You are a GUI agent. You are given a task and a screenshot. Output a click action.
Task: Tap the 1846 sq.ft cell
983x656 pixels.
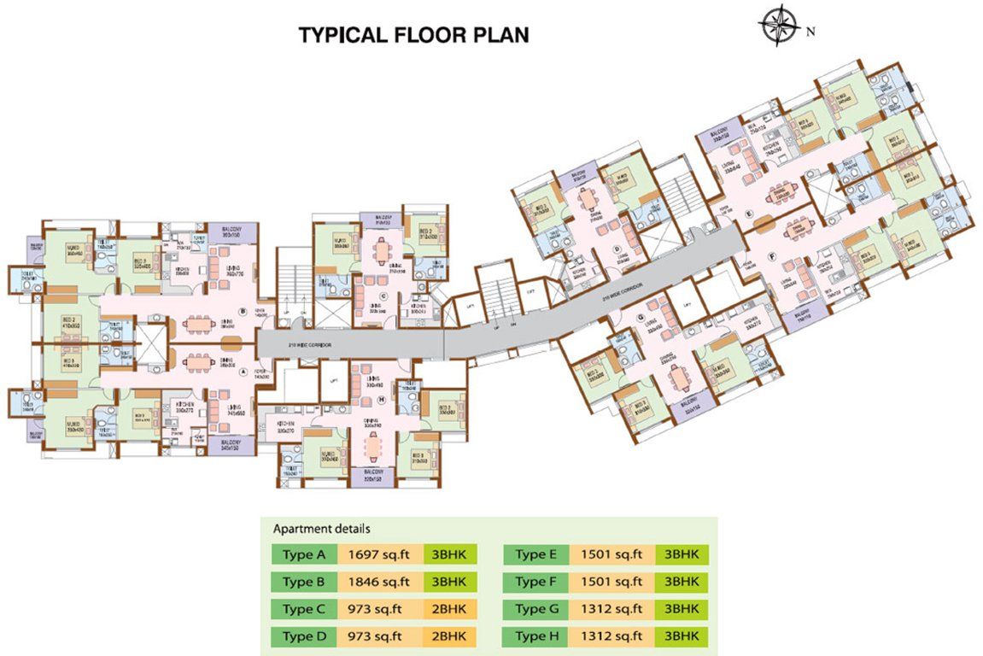click(x=379, y=583)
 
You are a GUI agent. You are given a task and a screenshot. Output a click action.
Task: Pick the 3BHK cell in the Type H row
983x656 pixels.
click(x=680, y=636)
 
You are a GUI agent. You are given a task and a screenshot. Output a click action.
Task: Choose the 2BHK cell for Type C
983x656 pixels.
click(x=448, y=610)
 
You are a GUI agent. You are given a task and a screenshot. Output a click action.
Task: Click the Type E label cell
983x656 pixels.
click(x=536, y=555)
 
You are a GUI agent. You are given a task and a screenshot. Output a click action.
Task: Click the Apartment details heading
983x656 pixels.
click(x=321, y=529)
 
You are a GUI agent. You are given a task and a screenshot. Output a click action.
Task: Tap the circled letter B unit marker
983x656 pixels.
click(x=243, y=312)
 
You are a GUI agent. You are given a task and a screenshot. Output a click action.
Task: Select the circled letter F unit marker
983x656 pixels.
click(x=771, y=255)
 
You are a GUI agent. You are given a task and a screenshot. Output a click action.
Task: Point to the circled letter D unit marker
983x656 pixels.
click(x=617, y=249)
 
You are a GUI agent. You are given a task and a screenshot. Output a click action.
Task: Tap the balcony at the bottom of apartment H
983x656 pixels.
click(x=372, y=476)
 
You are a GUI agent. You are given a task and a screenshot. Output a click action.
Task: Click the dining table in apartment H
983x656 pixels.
click(x=373, y=445)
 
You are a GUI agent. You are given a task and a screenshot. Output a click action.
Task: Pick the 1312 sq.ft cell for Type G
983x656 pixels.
click(x=611, y=610)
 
